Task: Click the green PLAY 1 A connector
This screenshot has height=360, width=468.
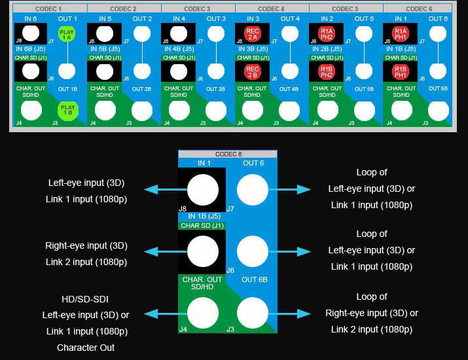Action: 66,35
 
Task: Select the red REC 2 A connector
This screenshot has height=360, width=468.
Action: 253,35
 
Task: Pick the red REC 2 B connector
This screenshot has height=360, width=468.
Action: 253,72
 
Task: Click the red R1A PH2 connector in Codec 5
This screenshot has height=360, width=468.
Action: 327,35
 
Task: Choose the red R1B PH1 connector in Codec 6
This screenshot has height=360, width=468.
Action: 401,72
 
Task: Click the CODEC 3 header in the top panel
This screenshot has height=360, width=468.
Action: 197,9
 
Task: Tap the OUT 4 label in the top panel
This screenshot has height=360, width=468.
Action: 289,18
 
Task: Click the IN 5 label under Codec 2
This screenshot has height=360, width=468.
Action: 105,18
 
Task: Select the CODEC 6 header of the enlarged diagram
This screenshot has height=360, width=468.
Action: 227,154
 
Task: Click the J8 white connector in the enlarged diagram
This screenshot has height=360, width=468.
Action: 203,190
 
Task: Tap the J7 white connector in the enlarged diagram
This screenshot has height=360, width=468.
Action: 253,190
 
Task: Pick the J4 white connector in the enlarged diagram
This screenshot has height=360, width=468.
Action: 203,312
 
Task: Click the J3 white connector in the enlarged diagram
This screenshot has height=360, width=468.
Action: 253,312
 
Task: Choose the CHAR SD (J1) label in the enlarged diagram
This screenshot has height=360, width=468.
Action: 202,226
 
